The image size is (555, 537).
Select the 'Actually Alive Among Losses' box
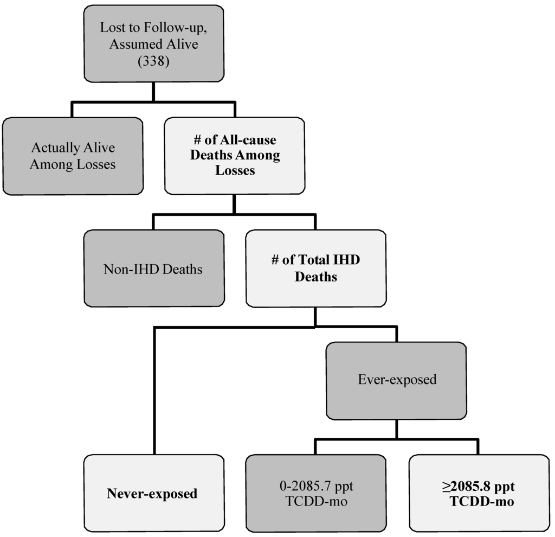[x=73, y=156]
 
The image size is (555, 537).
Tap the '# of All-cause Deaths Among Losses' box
[x=234, y=156]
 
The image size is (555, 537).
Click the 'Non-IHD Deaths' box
[x=153, y=268]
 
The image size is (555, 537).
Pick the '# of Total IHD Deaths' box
[x=315, y=268]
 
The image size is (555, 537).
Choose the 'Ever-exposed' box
[x=396, y=380]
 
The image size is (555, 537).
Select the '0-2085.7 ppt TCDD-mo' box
[x=315, y=494]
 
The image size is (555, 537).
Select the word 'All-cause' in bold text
[x=250, y=140]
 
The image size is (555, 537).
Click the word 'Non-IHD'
[x=126, y=269]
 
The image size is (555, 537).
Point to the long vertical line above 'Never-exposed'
[x=154, y=391]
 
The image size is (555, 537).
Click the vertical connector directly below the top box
[x=153, y=91]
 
